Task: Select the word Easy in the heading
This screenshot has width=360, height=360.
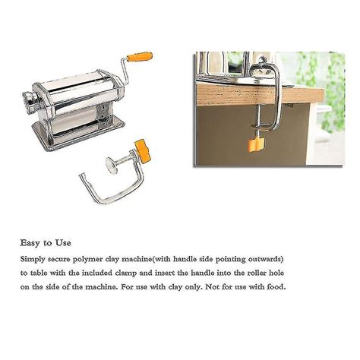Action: pos(33,243)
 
